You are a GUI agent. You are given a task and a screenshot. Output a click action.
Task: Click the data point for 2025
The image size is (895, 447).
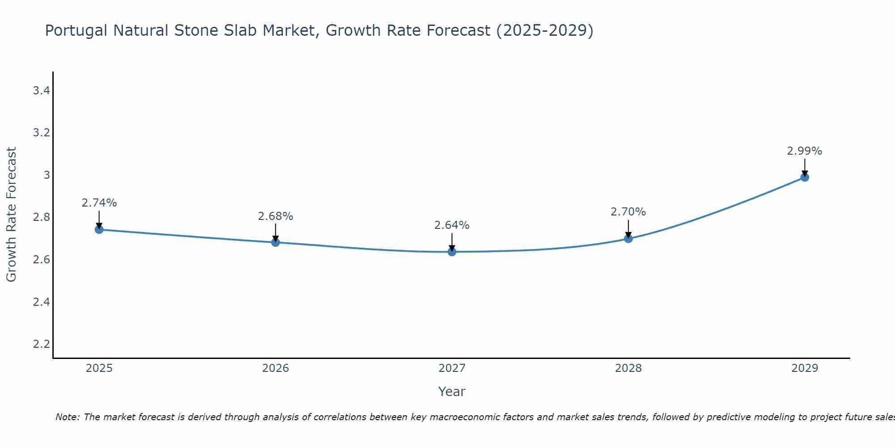pos(99,230)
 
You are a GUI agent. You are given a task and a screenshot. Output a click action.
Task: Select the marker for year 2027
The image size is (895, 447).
pos(452,252)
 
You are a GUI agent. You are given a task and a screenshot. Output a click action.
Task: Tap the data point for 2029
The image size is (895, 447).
pos(805,177)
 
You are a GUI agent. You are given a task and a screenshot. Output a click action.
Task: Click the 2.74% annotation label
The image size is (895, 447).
pos(99,203)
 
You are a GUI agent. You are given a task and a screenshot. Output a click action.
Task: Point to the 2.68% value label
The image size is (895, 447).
pos(275,216)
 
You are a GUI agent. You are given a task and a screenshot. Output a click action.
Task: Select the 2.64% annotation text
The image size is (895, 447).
pos(452,225)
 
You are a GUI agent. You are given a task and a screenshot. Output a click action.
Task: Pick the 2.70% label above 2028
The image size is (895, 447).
pos(628,212)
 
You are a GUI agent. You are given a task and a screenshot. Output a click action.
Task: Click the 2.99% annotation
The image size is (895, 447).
pos(804,151)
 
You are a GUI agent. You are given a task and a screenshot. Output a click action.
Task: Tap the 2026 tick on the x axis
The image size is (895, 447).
pos(275,368)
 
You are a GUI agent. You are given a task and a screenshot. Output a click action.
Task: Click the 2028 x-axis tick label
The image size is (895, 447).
pos(628,368)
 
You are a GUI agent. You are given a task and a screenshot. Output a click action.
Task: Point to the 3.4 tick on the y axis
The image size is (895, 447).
pos(41,91)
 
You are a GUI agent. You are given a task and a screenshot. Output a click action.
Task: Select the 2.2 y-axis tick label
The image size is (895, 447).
pos(41,344)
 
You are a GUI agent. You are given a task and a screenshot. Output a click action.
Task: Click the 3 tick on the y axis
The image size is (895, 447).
pos(47,175)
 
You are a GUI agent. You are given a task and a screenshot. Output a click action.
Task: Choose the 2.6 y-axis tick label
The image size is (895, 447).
pos(41,260)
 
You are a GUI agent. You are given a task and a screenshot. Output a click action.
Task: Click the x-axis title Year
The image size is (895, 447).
pos(452,392)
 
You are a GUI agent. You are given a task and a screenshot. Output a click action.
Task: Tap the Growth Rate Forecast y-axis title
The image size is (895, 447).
pos(11,214)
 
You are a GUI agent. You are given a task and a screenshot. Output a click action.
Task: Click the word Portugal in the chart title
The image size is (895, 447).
pos(76,30)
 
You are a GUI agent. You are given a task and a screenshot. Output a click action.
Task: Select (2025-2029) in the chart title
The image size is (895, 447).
pos(545,30)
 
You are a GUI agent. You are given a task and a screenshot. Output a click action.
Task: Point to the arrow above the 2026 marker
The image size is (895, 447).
pos(275,232)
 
